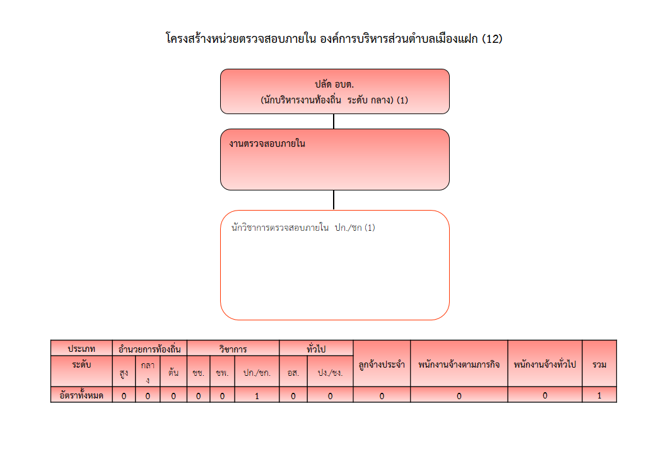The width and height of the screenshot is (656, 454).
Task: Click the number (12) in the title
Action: coord(492,39)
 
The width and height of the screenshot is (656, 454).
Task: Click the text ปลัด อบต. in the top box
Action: coord(334,84)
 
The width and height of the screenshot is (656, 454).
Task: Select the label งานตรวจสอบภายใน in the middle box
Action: coord(267,144)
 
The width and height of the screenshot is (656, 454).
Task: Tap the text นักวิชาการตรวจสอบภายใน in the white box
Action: coord(280,228)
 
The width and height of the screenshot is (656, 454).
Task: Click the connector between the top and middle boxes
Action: coord(334,121)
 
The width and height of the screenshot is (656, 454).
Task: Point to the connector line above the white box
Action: coord(334,200)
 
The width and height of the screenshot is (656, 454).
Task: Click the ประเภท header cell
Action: coord(81,348)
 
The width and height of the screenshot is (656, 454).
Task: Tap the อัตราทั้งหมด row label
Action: coord(81,395)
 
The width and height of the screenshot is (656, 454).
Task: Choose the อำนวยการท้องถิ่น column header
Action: coord(149,348)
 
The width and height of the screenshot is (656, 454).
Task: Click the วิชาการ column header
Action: coord(233,348)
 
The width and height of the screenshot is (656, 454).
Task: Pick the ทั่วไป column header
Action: coord(316,348)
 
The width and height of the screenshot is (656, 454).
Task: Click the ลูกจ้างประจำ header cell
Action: coord(382,364)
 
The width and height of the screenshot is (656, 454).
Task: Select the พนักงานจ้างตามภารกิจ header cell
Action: coord(459,364)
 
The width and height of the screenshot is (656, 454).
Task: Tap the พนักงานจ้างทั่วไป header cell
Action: coord(545,364)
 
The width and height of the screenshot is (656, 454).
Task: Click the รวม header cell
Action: coord(599,364)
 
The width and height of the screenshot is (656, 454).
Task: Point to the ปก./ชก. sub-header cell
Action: coord(257,371)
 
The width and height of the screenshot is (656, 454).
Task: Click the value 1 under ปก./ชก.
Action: coord(257,395)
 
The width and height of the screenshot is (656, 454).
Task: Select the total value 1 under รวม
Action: coord(599,395)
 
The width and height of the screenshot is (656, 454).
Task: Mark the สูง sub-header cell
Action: coord(124,371)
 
